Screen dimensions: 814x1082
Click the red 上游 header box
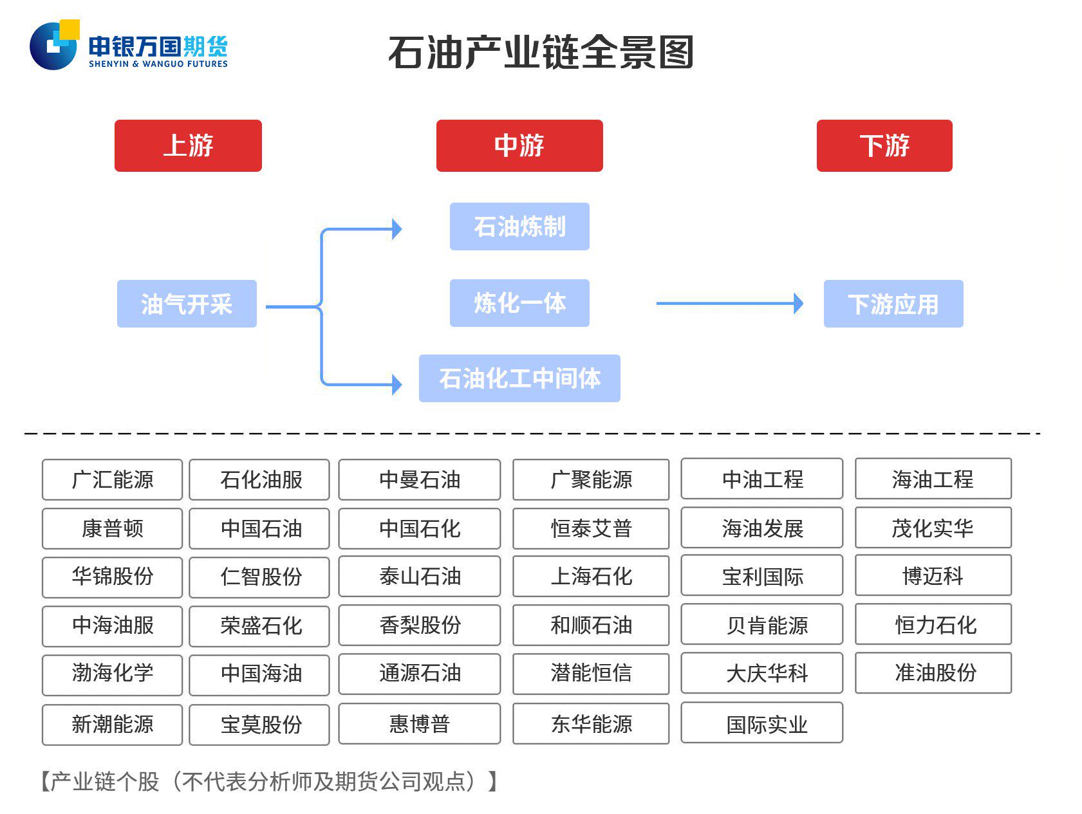pos(188,145)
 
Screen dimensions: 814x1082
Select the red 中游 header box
pos(519,145)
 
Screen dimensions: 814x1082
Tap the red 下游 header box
pos(884,145)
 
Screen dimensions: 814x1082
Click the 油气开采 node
pos(187,304)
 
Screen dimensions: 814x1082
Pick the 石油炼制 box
pos(519,227)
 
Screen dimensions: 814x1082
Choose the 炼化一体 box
pos(519,303)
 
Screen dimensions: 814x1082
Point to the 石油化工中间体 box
pos(519,378)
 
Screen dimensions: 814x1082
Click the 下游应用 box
pos(893,304)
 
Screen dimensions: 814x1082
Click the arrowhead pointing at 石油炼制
pos(396,229)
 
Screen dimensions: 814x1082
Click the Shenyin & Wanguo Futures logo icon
pos(54,45)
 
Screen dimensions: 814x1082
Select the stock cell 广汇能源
pos(113,479)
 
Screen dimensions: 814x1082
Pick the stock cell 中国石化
pos(420,528)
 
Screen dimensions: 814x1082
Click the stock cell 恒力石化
pos(933,624)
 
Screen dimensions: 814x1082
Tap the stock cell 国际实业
pos(762,723)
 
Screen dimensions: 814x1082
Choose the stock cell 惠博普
pos(420,723)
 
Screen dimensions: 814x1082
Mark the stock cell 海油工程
pos(933,479)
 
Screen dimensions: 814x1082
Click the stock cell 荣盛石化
pos(259,625)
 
